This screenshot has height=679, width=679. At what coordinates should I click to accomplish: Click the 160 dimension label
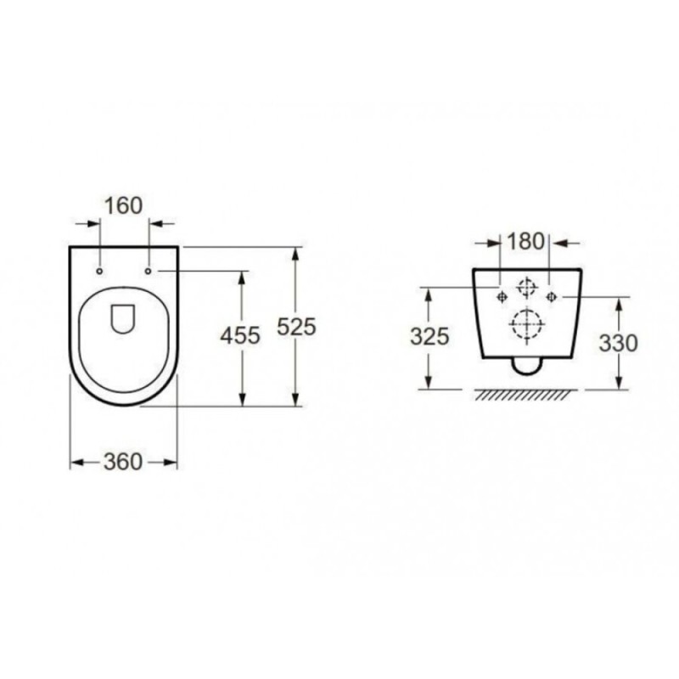123,205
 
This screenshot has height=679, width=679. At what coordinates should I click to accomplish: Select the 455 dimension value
240,335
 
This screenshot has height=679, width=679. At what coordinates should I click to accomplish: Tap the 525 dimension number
296,327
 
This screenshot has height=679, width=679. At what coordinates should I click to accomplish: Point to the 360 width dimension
123,462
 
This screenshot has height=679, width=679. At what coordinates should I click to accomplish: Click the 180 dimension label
525,241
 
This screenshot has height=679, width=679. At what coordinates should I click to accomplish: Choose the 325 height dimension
429,336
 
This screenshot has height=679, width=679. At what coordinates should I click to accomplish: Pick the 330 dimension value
619,344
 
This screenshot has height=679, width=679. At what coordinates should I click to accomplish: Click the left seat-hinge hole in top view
99,271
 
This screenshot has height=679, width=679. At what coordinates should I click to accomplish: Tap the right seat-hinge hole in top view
148,271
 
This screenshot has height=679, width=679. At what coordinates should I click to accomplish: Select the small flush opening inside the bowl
122,319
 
